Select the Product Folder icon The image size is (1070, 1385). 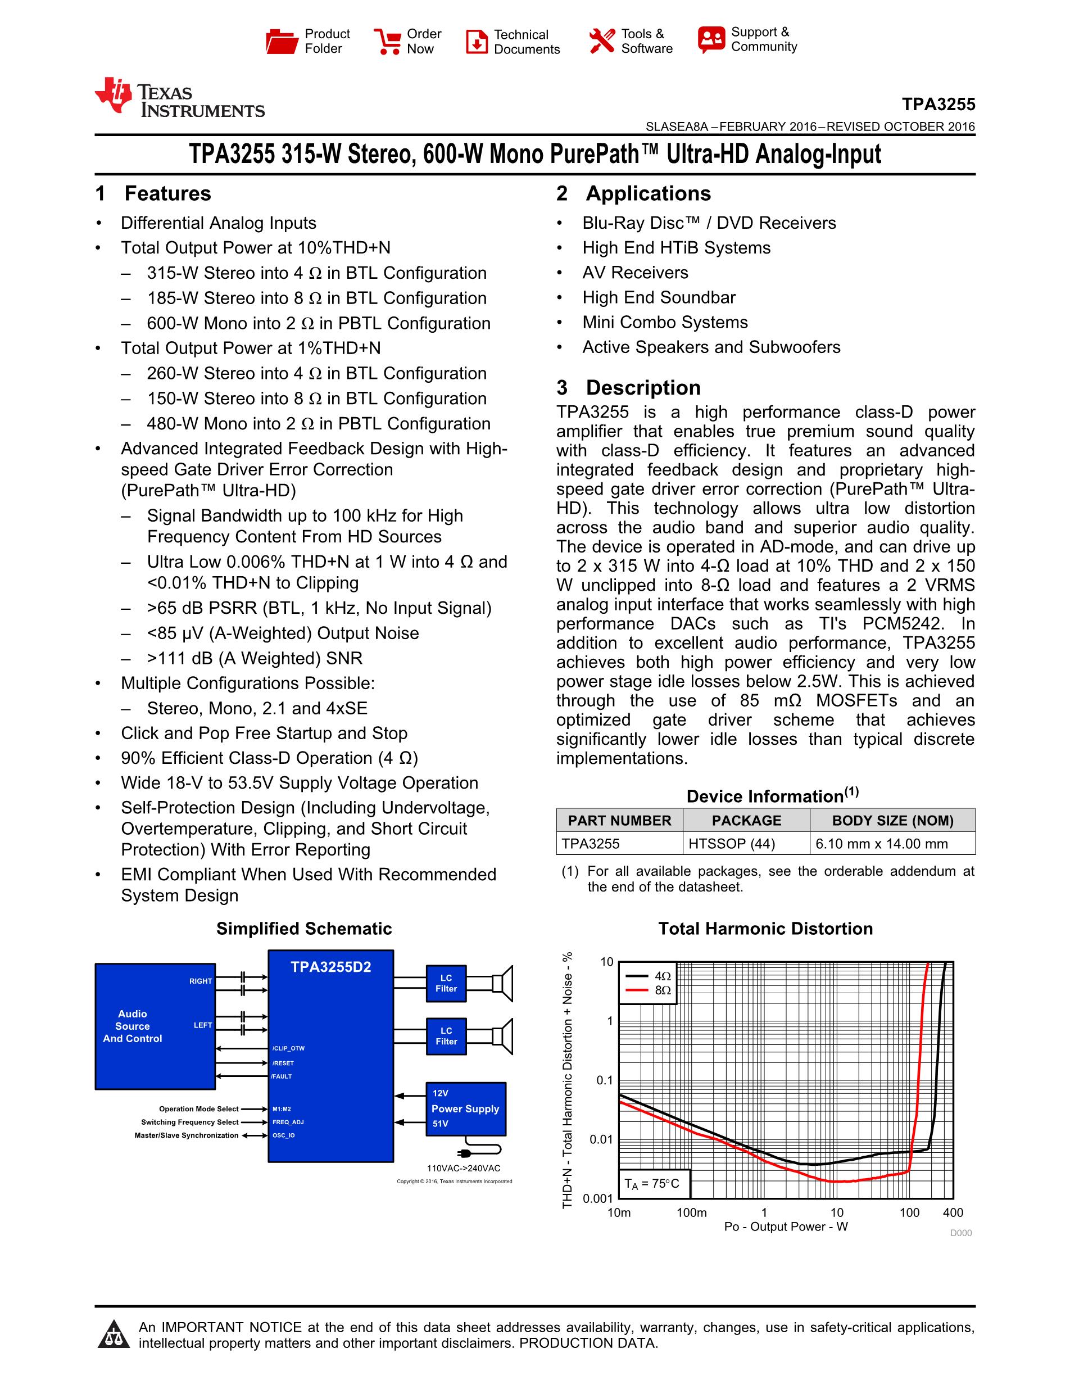(x=282, y=41)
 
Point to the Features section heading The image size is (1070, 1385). (x=153, y=193)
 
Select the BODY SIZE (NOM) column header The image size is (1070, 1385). (x=892, y=821)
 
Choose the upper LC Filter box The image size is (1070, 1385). (x=446, y=984)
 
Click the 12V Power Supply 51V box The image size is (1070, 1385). (x=466, y=1108)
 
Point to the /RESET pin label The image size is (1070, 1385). (x=283, y=1063)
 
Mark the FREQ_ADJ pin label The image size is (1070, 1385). (x=288, y=1122)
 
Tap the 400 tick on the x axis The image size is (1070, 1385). (x=953, y=1212)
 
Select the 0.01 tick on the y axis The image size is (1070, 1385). (x=601, y=1139)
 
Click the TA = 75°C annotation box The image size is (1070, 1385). (x=653, y=1183)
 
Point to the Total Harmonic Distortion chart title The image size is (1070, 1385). (x=765, y=929)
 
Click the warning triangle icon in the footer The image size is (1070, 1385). (x=114, y=1334)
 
